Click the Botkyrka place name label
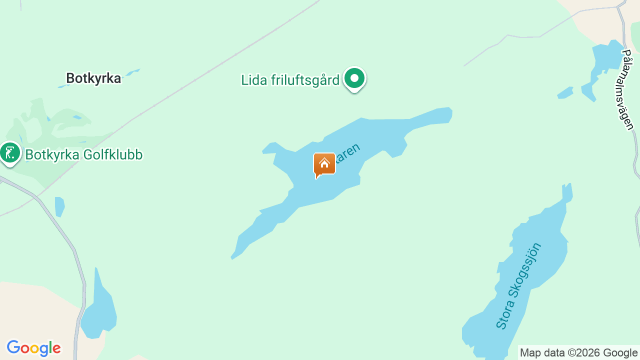(x=93, y=78)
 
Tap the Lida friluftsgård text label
(x=290, y=80)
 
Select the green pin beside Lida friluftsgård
(x=354, y=78)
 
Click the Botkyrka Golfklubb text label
(x=83, y=155)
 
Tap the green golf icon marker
(x=9, y=152)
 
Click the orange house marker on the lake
(x=324, y=164)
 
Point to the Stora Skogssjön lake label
(x=518, y=286)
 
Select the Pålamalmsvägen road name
(x=628, y=89)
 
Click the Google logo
(x=33, y=348)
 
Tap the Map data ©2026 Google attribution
(x=578, y=353)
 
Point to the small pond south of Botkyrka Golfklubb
(x=59, y=206)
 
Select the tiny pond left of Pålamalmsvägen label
(x=565, y=93)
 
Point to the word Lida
(x=253, y=80)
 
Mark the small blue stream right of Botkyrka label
(x=132, y=73)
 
